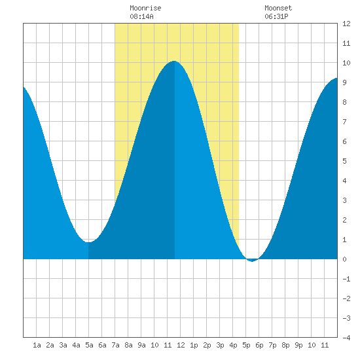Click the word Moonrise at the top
point(145,8)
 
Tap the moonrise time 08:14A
point(141,16)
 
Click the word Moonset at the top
point(278,8)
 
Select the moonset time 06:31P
point(276,16)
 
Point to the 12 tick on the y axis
point(346,24)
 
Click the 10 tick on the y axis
point(346,63)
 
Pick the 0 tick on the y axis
point(344,259)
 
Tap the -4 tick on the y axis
point(346,338)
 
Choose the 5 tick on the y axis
point(344,161)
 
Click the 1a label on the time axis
point(37,345)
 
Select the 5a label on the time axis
point(89,345)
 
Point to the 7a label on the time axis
point(115,345)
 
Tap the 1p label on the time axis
point(194,345)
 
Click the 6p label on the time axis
point(259,345)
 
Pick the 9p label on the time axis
point(298,345)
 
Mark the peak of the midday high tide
point(174,61)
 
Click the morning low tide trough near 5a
point(88,242)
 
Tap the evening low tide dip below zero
point(252,261)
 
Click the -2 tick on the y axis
point(346,298)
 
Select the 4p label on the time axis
point(233,345)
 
